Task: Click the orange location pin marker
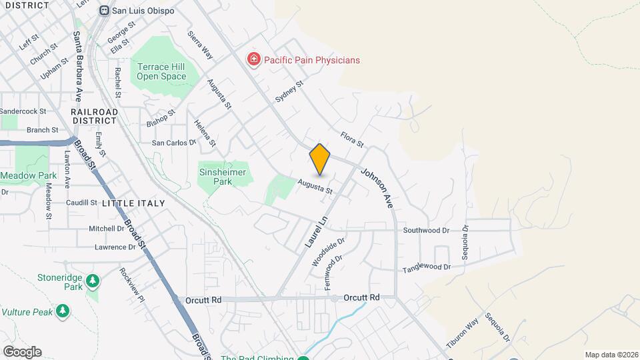(x=320, y=159)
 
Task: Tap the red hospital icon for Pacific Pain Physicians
(x=253, y=60)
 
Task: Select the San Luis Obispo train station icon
(x=104, y=11)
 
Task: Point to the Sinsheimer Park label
(x=223, y=177)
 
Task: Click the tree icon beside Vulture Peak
(x=63, y=311)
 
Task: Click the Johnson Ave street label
(x=377, y=189)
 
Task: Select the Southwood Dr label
(x=426, y=231)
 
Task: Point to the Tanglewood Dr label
(x=427, y=268)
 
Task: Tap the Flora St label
(x=351, y=139)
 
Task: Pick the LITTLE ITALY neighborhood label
(x=133, y=203)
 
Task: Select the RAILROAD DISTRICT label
(x=95, y=116)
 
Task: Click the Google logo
(x=22, y=352)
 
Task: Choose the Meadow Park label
(x=29, y=175)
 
